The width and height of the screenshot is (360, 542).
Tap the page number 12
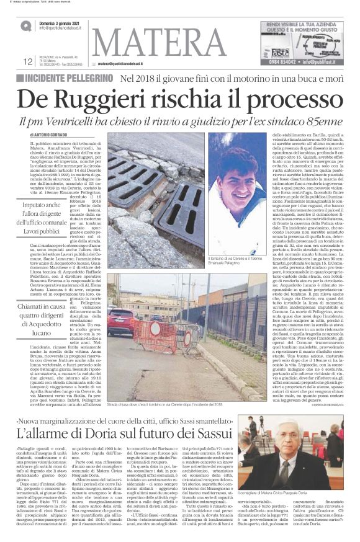tap(28, 61)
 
